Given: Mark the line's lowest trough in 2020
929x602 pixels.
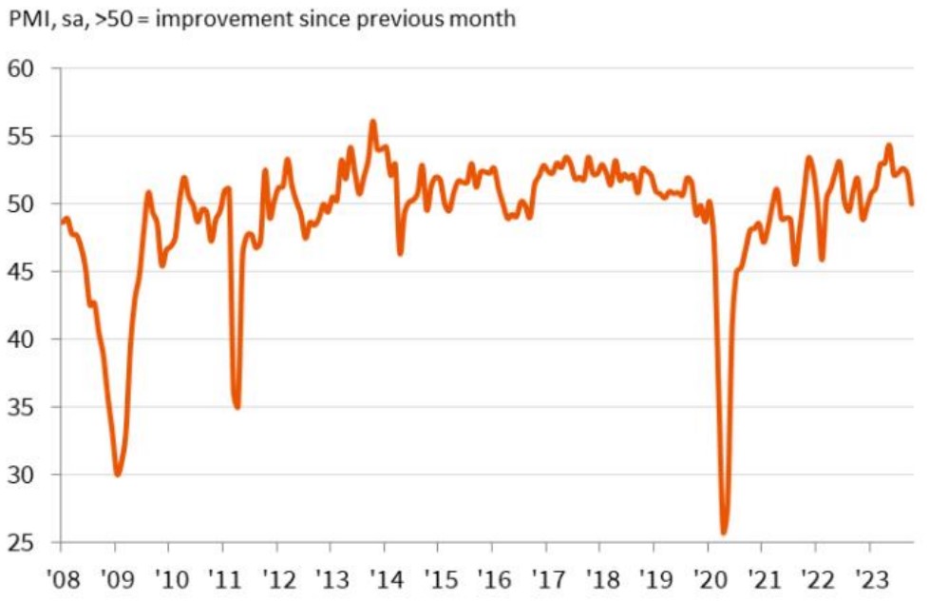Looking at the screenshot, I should tap(724, 533).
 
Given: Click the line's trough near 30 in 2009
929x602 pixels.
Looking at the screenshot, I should tap(117, 475).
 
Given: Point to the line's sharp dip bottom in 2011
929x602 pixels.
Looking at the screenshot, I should tap(237, 407).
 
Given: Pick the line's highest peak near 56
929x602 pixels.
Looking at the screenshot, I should tap(372, 122).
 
